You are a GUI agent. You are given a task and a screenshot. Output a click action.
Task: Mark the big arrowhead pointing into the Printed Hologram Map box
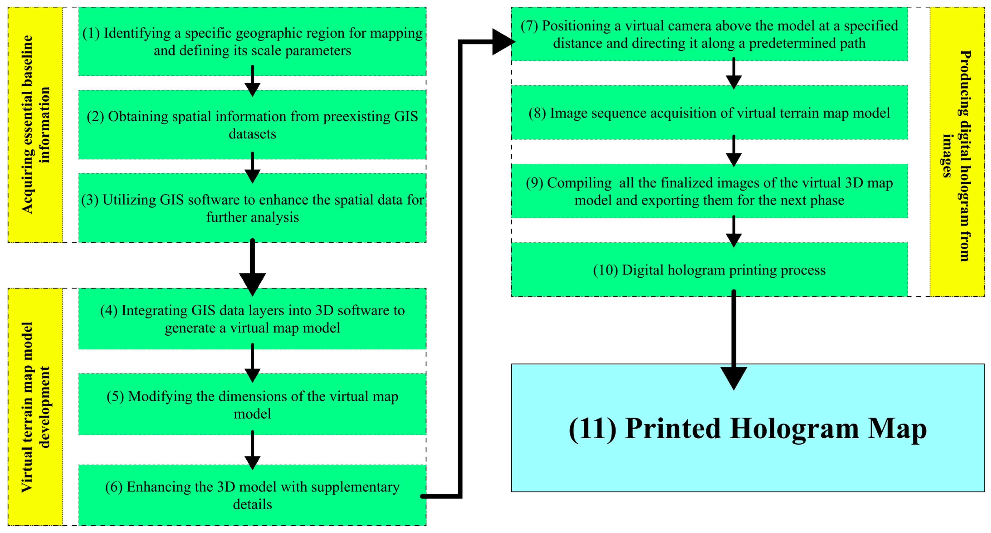click(x=734, y=378)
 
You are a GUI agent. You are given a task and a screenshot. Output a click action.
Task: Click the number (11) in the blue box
click(x=592, y=429)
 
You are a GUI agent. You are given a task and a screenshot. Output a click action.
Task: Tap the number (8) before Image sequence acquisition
click(x=537, y=113)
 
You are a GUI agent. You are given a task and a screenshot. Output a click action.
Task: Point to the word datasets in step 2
click(x=252, y=134)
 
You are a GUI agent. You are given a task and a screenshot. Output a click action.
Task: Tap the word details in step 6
click(x=252, y=504)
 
